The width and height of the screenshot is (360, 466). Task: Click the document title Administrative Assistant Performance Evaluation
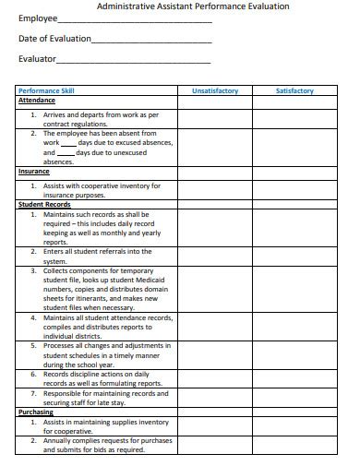[193, 6]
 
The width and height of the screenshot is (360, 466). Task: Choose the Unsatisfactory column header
[215, 91]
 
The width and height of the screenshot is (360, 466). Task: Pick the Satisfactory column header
[294, 91]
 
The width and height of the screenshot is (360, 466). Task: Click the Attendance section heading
[38, 101]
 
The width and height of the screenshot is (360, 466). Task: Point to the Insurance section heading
[34, 172]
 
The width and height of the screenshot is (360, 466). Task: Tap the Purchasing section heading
[36, 412]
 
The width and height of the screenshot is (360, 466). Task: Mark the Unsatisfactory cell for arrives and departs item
[215, 119]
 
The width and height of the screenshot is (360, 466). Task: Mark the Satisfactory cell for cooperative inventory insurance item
[294, 189]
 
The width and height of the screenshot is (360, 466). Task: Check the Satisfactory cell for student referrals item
[294, 256]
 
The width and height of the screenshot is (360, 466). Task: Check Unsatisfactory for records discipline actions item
[215, 378]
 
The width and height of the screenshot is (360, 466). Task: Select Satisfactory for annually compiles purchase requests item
[294, 446]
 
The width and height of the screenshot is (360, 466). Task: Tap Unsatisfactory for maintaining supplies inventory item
[215, 426]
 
